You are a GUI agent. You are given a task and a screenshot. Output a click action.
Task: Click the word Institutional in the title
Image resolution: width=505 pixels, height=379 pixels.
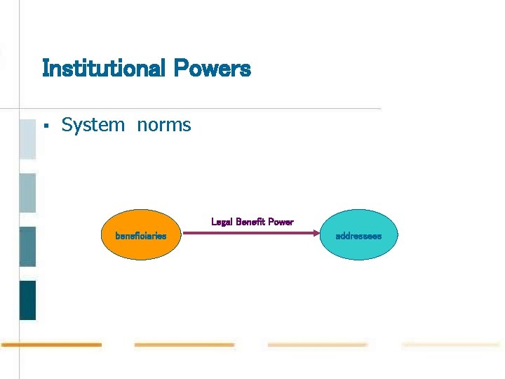point(102,69)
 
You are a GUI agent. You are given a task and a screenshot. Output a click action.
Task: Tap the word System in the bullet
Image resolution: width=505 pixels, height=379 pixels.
point(93,125)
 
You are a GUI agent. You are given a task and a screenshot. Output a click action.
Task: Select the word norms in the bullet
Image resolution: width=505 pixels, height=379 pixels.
point(164,126)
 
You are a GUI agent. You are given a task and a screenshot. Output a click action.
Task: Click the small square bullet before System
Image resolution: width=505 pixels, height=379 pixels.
point(45,126)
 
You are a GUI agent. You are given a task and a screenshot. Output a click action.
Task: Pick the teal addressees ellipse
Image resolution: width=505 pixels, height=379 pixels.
point(358,235)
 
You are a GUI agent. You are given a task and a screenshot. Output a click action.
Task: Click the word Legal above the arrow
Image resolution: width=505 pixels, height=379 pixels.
point(222,222)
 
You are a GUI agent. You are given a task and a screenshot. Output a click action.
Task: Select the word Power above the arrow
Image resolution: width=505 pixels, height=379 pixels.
point(281,222)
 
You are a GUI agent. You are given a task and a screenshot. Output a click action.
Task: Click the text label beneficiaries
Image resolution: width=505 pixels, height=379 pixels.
point(141,236)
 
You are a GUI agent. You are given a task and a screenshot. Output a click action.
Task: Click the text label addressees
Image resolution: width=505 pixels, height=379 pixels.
point(358,236)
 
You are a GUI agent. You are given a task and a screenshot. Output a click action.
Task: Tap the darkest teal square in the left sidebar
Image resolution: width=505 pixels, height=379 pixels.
point(27,300)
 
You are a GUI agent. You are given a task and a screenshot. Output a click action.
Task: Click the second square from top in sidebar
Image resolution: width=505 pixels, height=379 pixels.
point(27,193)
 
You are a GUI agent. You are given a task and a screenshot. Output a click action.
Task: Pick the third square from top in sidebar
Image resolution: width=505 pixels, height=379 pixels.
point(27,246)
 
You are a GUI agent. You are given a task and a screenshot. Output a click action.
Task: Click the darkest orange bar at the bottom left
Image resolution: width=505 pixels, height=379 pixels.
point(50,345)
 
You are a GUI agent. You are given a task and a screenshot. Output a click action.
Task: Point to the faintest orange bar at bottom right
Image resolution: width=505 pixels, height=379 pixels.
point(450,345)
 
